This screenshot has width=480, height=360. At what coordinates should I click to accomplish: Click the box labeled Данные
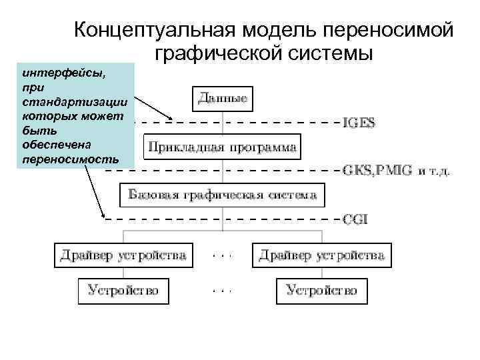pyautogui.click(x=223, y=99)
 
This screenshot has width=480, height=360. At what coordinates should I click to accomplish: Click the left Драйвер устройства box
pyautogui.click(x=123, y=255)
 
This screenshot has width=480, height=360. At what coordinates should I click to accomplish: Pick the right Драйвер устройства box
pyautogui.click(x=322, y=255)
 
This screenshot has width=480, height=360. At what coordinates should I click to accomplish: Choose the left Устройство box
pyautogui.click(x=123, y=290)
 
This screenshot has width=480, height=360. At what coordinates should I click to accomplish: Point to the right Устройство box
pyautogui.click(x=322, y=290)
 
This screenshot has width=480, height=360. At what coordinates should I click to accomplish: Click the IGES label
pyautogui.click(x=359, y=123)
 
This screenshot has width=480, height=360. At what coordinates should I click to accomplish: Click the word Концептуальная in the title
pyautogui.click(x=154, y=30)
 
